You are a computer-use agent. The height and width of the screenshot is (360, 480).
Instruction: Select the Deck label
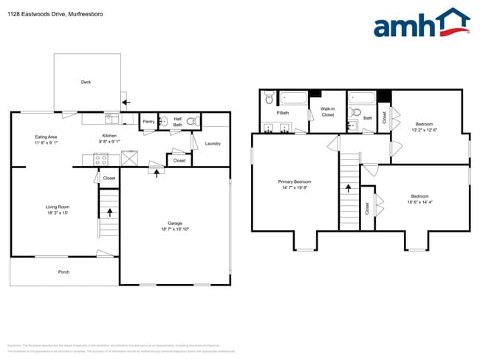(x=86, y=83)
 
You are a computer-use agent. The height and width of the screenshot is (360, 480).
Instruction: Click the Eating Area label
(x=47, y=137)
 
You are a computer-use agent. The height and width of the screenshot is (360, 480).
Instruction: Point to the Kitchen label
(x=109, y=136)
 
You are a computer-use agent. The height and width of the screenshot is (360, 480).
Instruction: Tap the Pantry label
(x=148, y=122)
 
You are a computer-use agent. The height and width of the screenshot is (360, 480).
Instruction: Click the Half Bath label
(x=178, y=121)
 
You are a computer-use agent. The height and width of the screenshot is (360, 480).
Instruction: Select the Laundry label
(x=213, y=143)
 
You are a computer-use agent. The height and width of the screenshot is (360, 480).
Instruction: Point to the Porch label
(x=64, y=272)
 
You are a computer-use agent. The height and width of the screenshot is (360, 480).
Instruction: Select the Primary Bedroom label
(x=295, y=181)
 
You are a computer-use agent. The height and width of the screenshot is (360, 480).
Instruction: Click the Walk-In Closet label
(x=328, y=112)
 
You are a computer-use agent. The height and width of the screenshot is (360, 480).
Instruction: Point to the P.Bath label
(x=282, y=113)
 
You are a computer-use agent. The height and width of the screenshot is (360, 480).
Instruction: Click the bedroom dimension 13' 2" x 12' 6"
(x=424, y=130)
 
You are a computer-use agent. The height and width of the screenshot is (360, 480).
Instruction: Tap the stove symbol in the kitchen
(x=101, y=159)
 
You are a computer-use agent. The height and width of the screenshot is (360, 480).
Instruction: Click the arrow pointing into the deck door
(x=126, y=102)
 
